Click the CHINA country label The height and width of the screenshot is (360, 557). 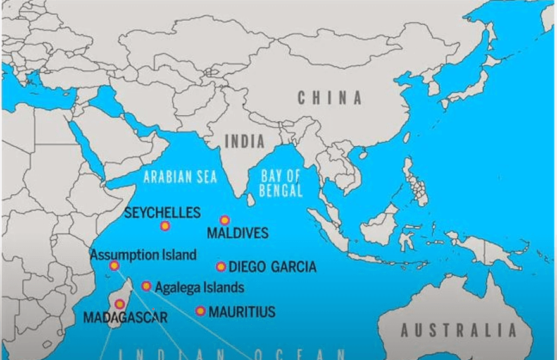[330, 98]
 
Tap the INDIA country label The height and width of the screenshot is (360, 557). [245, 141]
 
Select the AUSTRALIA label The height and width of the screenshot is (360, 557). [458, 330]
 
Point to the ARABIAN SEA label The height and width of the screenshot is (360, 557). [180, 177]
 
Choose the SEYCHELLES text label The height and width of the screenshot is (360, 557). [162, 213]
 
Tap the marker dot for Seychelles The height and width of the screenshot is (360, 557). [165, 226]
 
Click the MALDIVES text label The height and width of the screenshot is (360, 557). [237, 233]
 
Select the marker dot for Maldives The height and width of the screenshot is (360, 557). [225, 220]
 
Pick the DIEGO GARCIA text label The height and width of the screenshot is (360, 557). [272, 267]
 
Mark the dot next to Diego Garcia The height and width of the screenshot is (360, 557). [220, 267]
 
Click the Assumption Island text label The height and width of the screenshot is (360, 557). [143, 255]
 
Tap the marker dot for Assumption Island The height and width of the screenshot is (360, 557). [114, 266]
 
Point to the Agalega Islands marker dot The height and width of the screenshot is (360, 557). [146, 286]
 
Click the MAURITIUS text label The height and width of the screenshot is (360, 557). [242, 312]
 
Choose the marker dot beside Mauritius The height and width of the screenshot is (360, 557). [200, 311]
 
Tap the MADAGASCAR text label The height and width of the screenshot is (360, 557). [125, 317]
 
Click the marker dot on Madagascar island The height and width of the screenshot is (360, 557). [120, 304]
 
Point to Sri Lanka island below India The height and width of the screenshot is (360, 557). [251, 200]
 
